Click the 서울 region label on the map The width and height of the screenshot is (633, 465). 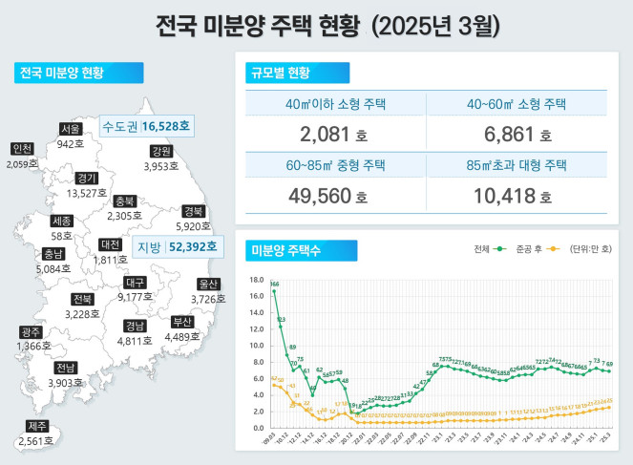70,129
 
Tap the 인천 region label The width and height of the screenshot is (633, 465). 22,149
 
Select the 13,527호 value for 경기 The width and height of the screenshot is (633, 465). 87,193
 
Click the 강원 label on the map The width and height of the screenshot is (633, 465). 161,152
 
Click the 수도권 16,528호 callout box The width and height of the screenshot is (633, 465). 145,125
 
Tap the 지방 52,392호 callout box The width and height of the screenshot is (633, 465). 177,247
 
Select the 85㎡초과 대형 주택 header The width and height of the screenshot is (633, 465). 517,165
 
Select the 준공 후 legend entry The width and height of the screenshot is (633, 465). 536,250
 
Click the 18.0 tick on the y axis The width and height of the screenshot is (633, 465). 255,281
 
